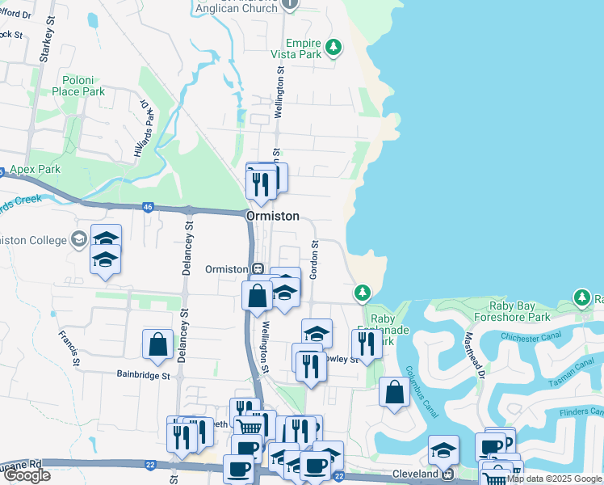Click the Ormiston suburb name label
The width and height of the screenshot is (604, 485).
272,217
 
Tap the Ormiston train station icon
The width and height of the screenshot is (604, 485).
258,269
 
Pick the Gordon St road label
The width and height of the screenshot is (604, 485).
314,259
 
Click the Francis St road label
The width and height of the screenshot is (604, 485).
68,346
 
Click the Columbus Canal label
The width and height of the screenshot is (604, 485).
421,391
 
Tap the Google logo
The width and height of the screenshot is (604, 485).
27,475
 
